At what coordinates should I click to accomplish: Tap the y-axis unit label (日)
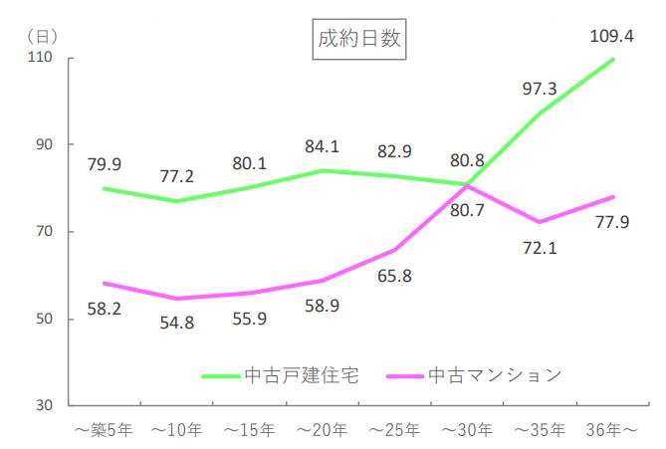pos(41,35)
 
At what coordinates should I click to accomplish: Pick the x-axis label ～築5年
pos(104,431)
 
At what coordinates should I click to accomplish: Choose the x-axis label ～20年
pos(323,431)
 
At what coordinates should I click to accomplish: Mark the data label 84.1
pos(322,146)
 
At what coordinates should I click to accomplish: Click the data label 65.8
pos(394,276)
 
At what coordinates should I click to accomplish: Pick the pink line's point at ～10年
pos(176,298)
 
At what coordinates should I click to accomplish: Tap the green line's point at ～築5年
pos(104,188)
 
